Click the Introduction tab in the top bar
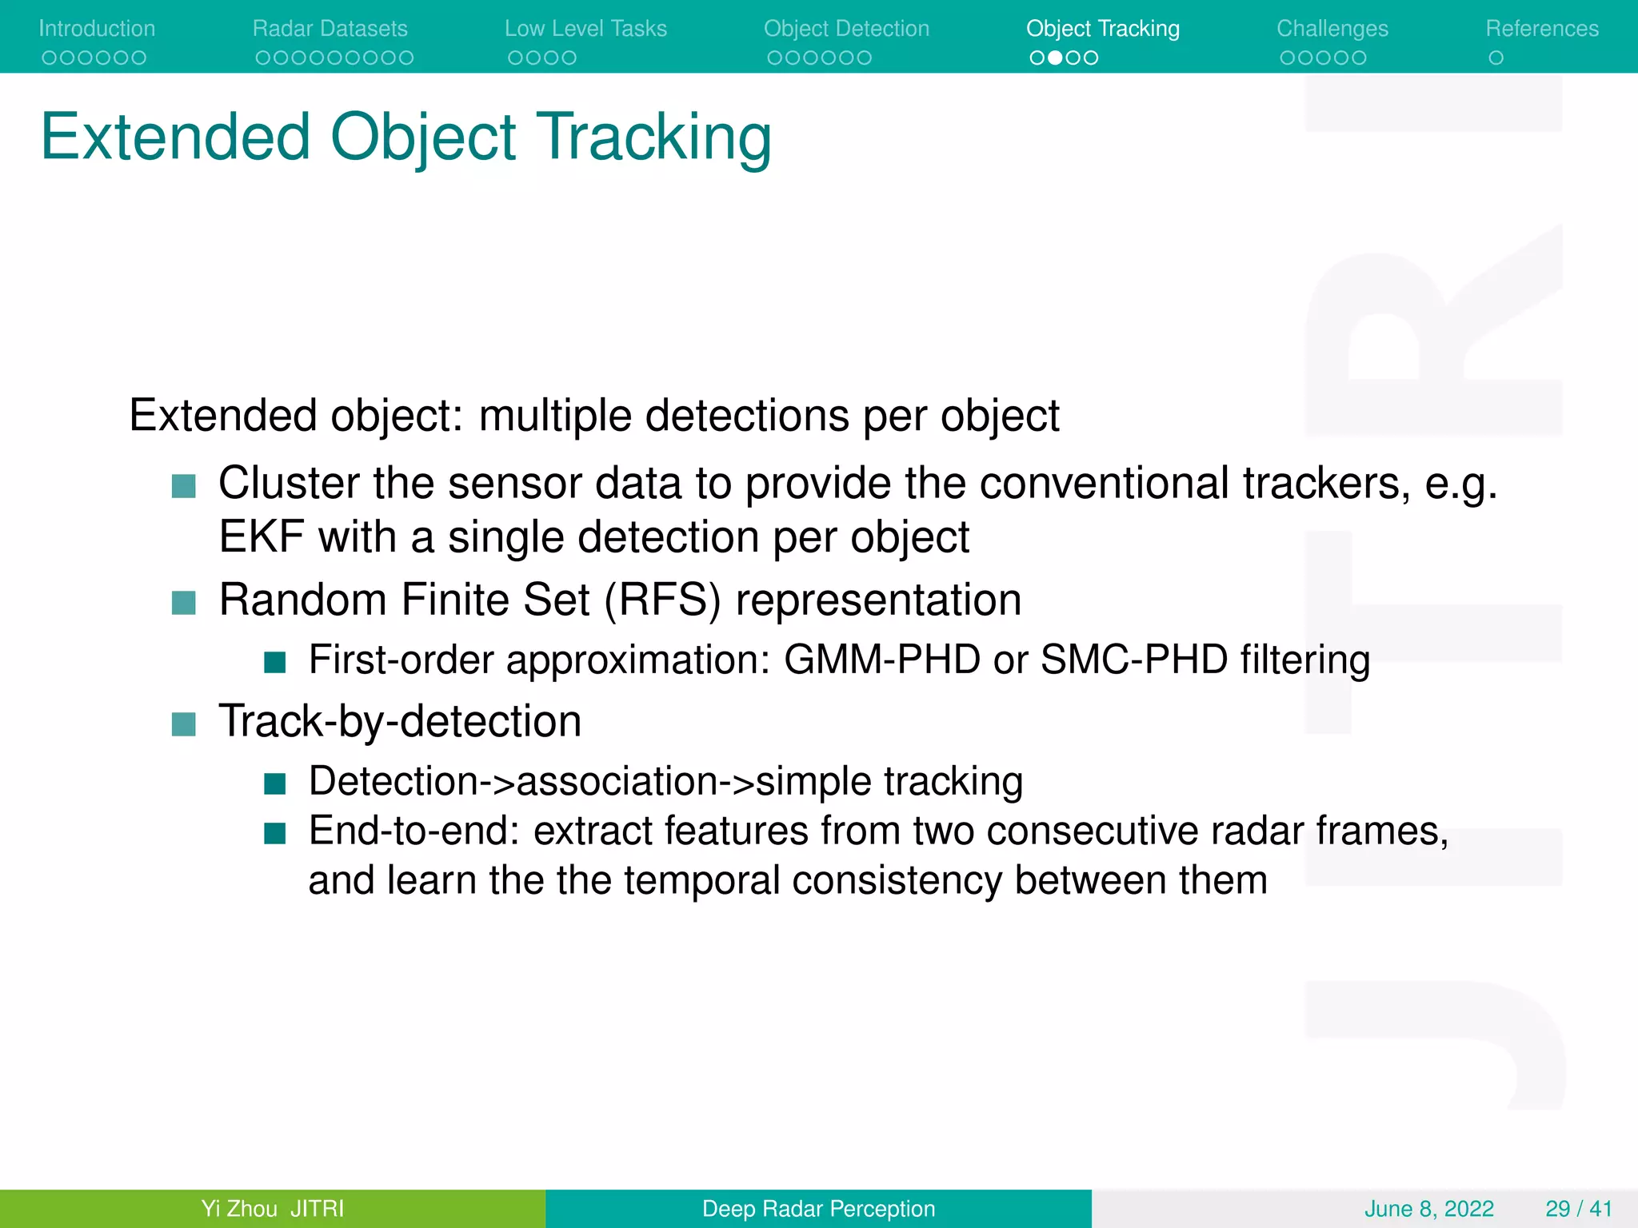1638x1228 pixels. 97,29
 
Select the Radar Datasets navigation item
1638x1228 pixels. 330,29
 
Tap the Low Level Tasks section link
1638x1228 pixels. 585,29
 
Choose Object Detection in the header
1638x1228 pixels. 846,29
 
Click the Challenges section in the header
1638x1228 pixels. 1332,29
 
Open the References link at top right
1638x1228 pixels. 1541,29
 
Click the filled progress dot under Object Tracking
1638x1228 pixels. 1055,58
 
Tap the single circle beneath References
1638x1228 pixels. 1496,58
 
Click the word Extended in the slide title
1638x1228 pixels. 175,138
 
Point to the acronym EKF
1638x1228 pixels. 262,536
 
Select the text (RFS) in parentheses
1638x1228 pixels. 662,600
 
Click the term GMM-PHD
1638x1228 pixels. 881,660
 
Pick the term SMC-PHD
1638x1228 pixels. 1133,660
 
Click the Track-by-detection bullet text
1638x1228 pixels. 400,721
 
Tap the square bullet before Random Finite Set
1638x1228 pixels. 184,602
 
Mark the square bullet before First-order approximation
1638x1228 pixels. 274,662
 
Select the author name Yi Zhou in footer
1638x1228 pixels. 239,1209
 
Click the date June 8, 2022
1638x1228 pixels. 1428,1209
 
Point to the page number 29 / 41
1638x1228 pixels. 1578,1209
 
